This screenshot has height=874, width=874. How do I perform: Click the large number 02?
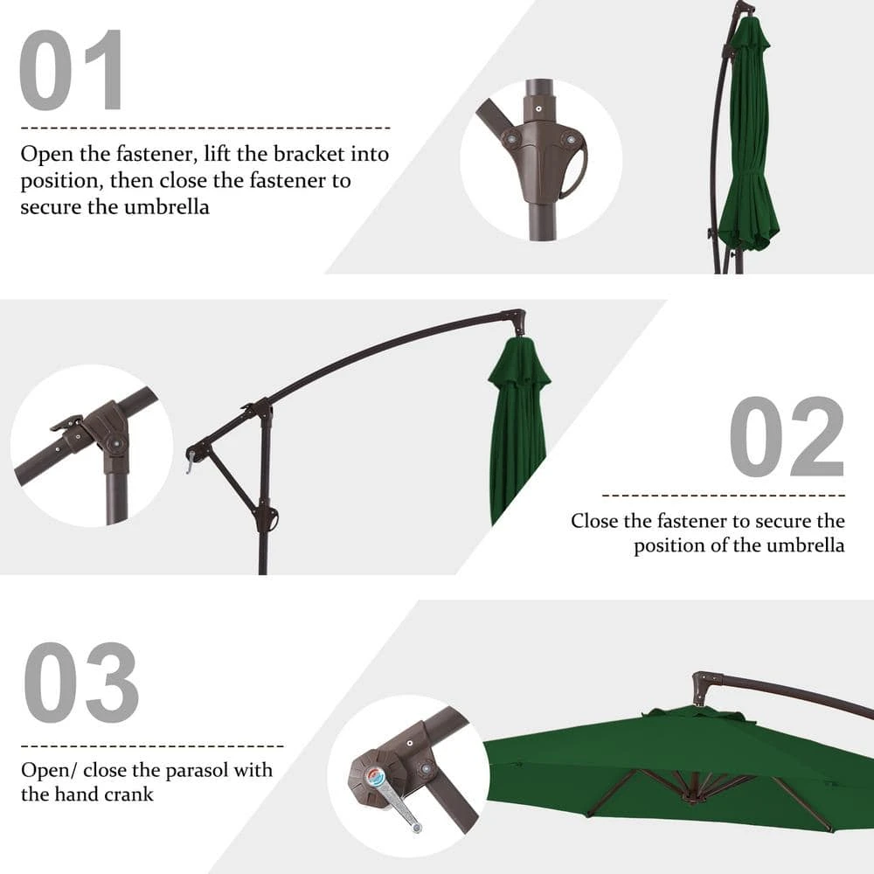(787, 437)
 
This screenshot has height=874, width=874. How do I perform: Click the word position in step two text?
(673, 546)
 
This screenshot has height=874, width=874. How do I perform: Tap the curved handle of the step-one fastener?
(575, 171)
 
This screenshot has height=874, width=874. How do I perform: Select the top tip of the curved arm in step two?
(518, 316)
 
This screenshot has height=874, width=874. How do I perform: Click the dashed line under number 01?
(205, 128)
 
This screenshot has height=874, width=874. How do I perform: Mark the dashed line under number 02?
(724, 496)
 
